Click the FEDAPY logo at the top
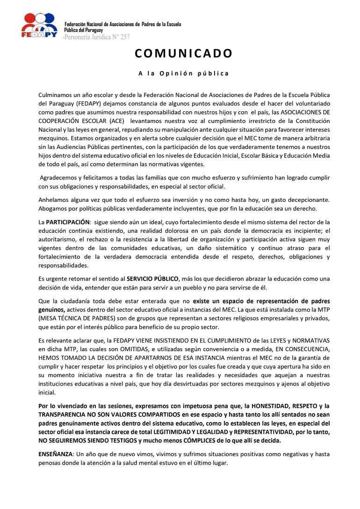[39, 26]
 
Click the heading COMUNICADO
[184, 53]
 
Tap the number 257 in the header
[125, 36]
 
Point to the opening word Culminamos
[56, 95]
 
